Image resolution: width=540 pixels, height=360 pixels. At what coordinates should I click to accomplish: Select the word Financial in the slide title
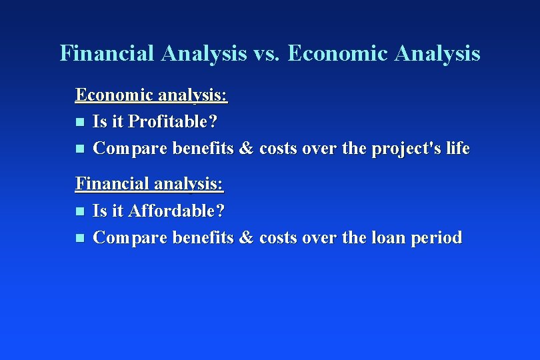(x=106, y=53)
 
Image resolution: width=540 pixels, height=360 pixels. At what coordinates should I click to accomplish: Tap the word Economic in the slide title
(x=337, y=53)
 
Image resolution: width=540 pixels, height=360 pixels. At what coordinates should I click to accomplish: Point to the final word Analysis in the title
(x=437, y=53)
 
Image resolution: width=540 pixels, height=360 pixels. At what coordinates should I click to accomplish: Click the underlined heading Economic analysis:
(x=151, y=95)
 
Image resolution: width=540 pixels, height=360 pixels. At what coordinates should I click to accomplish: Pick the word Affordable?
(x=177, y=211)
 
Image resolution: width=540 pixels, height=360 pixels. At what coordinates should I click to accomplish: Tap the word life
(x=458, y=148)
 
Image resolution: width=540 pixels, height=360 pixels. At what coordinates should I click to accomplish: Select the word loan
(x=386, y=237)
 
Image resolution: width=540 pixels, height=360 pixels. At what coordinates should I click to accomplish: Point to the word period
(x=437, y=238)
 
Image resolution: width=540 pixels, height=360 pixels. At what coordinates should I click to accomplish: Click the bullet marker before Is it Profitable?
(x=79, y=123)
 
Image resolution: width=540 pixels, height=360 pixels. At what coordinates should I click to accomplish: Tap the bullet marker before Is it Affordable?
(x=79, y=212)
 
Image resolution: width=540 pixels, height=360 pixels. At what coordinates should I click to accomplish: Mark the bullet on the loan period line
(x=79, y=238)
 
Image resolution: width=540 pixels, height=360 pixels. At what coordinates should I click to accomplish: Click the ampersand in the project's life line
(x=246, y=149)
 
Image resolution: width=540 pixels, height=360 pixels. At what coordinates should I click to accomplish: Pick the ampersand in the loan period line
(x=246, y=237)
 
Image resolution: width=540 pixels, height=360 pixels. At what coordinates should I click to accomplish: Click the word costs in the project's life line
(x=278, y=149)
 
